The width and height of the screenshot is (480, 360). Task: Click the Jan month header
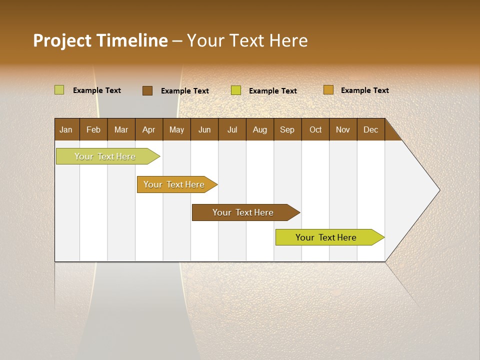tap(66, 129)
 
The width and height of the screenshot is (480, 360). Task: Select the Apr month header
tap(148, 129)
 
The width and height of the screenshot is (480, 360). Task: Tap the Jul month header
tap(232, 129)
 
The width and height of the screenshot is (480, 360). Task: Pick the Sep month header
tap(287, 129)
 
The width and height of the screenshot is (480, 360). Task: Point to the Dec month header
tap(370, 129)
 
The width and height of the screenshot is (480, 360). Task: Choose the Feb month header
tap(93, 129)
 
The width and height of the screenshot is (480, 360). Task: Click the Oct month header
tap(315, 129)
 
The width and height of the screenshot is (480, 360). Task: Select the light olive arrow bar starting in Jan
tap(105, 156)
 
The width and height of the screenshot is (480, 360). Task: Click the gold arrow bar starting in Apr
tap(174, 184)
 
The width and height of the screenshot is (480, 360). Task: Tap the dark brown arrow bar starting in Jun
tap(243, 212)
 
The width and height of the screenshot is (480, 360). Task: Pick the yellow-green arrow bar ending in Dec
tap(326, 237)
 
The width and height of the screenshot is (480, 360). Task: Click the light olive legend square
tap(59, 90)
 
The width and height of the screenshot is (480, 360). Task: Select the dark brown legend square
tap(147, 90)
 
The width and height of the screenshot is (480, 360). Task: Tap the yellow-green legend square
tap(236, 90)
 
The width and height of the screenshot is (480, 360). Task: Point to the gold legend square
tap(328, 90)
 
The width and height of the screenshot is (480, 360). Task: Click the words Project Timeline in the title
tap(100, 40)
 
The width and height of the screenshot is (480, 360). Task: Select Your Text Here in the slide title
tap(247, 40)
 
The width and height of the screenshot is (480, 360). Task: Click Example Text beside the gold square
tap(364, 90)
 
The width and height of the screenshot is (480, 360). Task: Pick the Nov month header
tap(343, 129)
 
